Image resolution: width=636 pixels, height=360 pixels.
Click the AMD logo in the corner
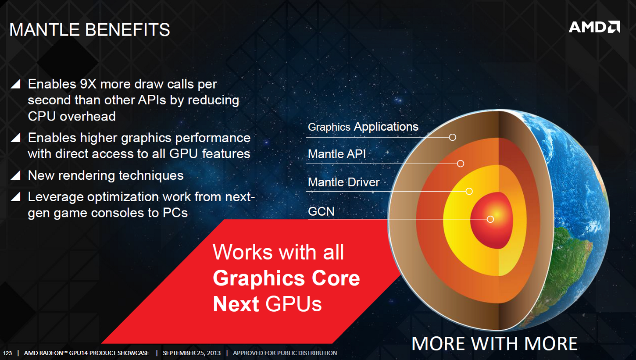click(594, 27)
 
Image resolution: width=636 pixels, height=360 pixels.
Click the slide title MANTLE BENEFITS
click(90, 30)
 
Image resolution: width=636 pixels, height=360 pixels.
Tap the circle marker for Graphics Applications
click(452, 137)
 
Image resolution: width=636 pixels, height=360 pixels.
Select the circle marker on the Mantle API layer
click(461, 164)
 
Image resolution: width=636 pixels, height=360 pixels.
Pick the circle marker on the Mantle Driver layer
click(469, 191)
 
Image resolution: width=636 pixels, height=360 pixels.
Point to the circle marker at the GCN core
click(490, 219)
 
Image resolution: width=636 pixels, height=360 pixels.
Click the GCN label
click(321, 211)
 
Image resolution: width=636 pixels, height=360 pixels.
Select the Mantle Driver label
click(343, 182)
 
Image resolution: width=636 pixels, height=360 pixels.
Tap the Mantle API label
click(337, 154)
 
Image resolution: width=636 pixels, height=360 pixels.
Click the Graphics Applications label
click(363, 127)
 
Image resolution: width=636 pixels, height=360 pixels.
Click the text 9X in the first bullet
click(88, 84)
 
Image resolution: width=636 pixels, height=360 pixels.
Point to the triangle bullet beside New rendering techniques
click(16, 175)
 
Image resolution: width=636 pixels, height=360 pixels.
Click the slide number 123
click(7, 353)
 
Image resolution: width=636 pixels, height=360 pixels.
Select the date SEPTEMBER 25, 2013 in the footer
click(192, 353)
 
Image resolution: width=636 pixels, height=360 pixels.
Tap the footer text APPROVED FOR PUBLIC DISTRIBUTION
click(285, 353)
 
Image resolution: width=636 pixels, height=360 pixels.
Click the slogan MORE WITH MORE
click(495, 343)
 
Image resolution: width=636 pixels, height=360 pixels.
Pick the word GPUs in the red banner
click(293, 304)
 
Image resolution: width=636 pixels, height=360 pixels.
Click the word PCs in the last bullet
click(175, 213)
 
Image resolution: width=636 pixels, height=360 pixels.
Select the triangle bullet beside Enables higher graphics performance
click(16, 137)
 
